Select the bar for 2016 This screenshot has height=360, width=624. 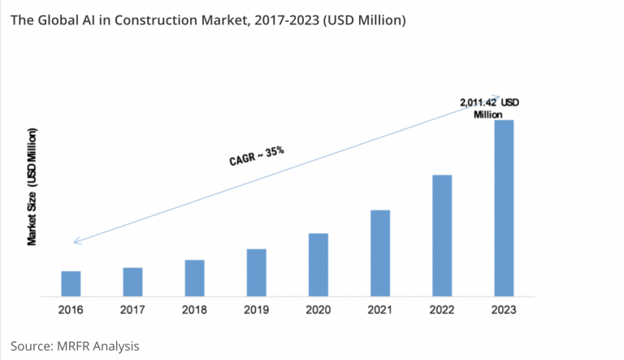click(71, 283)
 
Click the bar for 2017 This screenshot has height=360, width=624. click(133, 281)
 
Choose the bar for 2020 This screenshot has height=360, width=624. click(318, 264)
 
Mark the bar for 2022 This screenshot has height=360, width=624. click(442, 235)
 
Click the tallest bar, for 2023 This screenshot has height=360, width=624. click(504, 207)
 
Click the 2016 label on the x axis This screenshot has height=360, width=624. click(71, 310)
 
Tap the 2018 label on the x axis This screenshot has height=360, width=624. click(195, 310)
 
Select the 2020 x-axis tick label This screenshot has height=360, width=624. click(318, 310)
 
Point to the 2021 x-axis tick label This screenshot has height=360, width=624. click(380, 310)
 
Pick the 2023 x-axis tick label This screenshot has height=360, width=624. click(504, 310)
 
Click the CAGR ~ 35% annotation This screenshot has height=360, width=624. click(256, 154)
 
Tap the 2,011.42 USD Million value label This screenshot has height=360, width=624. click(488, 108)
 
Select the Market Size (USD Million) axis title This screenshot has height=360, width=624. click(32, 186)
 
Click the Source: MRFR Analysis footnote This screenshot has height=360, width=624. click(76, 345)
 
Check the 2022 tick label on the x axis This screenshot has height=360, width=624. click(442, 310)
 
